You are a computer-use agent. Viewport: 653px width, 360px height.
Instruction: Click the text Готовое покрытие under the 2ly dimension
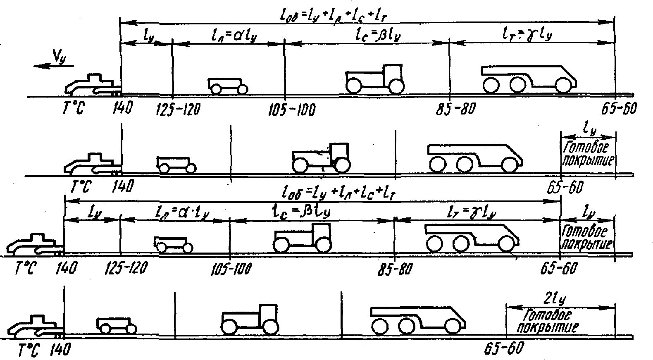[551, 322]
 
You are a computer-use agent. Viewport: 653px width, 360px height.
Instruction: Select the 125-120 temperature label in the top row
[178, 110]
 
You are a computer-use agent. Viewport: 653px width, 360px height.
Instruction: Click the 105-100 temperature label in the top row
[292, 110]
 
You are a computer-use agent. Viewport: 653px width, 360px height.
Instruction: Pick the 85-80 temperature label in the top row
[455, 110]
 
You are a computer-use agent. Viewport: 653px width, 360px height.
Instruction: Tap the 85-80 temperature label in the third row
[394, 269]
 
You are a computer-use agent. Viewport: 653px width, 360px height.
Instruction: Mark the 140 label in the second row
[123, 186]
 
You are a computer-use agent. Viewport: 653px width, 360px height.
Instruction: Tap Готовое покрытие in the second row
[587, 153]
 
